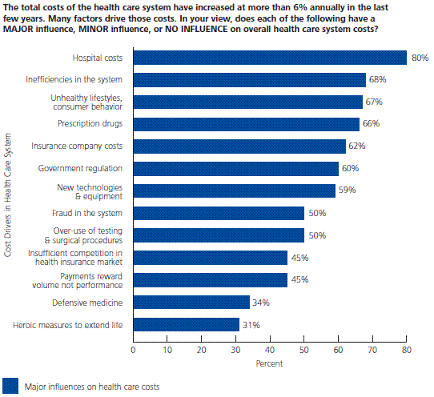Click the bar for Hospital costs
(270, 58)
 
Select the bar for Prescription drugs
(247, 124)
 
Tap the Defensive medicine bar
(191, 302)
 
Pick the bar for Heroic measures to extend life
(187, 324)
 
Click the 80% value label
(420, 58)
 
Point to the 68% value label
(377, 79)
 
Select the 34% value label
(261, 303)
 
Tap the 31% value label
(251, 325)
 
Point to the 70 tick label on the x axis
(372, 350)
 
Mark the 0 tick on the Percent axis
(133, 350)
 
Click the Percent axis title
(269, 363)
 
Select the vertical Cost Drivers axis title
(8, 195)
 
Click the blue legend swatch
(10, 386)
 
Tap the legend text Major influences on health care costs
(92, 387)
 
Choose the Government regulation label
(80, 168)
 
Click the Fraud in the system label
(87, 213)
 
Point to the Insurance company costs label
(77, 146)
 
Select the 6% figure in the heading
(300, 7)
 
